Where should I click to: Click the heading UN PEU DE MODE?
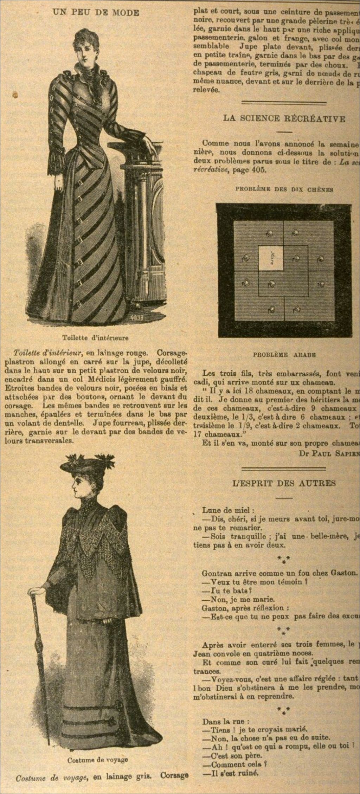(96, 13)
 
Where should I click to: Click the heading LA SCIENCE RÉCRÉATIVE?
(284, 118)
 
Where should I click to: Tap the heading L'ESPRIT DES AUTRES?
(284, 483)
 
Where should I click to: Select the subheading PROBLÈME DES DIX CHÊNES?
(284, 189)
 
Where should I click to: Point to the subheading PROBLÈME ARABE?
(284, 355)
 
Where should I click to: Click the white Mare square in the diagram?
(271, 258)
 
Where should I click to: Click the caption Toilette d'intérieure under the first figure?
(95, 338)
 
